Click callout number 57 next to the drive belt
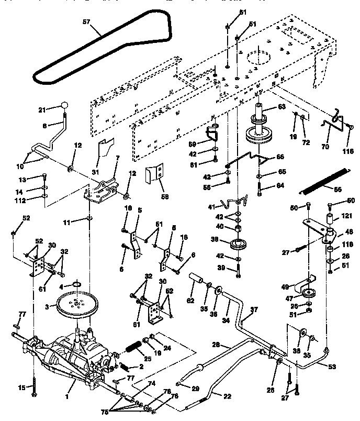point(86,23)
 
